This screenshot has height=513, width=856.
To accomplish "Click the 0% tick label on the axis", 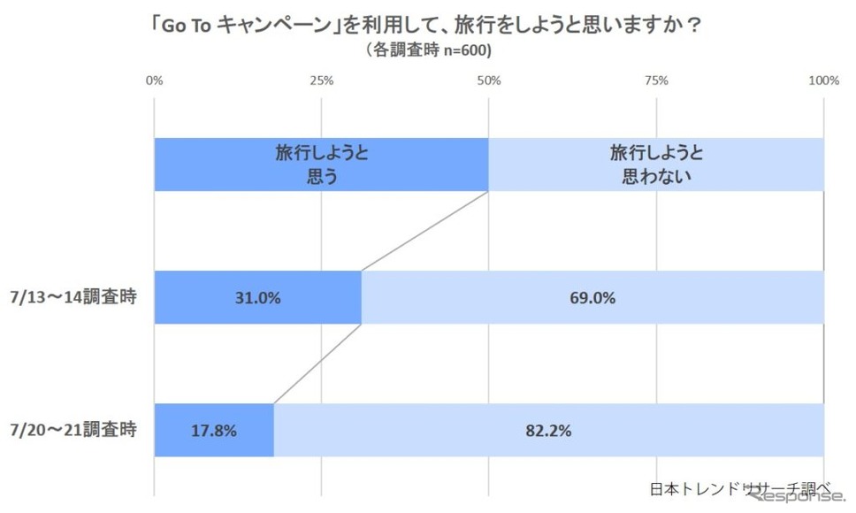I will (x=154, y=81).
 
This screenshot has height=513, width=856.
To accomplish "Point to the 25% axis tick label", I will (x=322, y=81).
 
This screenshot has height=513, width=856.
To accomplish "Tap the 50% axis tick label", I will (x=489, y=81).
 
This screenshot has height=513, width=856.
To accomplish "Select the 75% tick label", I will (x=656, y=81).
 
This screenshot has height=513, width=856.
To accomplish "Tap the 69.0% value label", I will (x=593, y=298).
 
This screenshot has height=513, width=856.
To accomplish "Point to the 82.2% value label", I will (x=549, y=432).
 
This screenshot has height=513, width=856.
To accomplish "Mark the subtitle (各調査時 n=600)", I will (x=428, y=51).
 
